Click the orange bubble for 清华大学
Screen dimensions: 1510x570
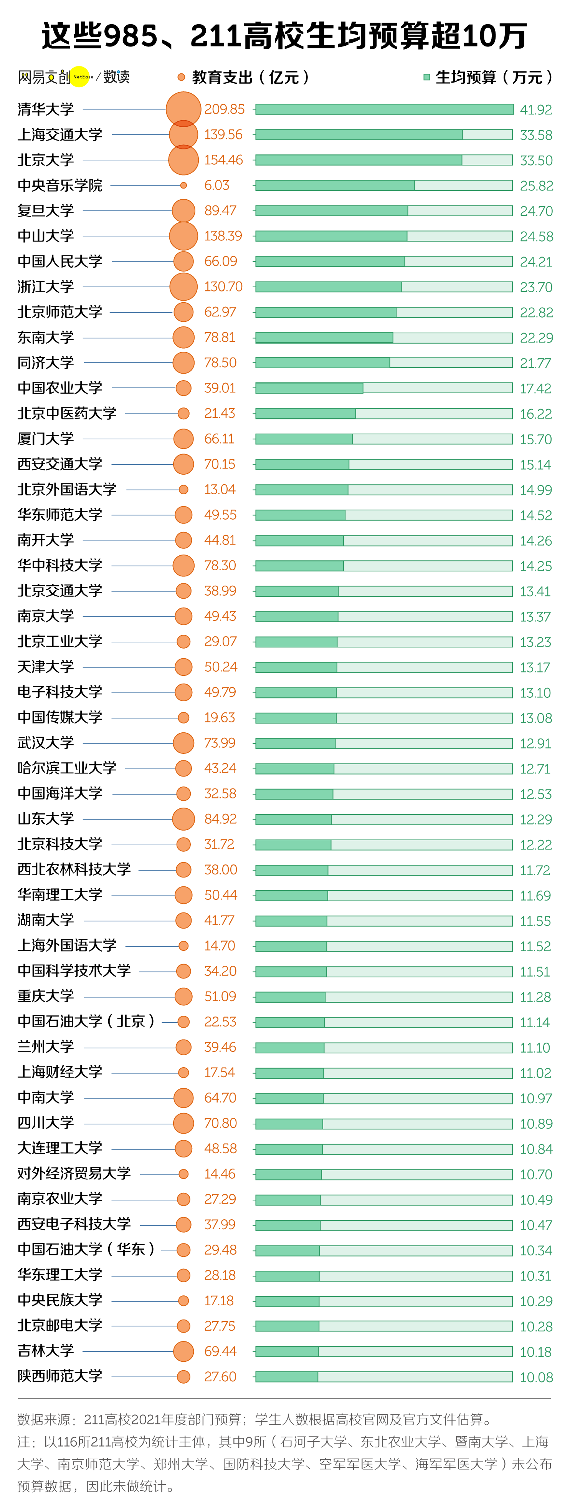183,109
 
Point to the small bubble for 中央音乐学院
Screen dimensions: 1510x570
183,185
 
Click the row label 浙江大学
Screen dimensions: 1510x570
46,286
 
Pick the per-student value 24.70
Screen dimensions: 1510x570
535,211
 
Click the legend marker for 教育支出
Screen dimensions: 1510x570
181,77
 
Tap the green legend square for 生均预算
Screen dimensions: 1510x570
426,77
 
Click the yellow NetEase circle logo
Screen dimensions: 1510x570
80,76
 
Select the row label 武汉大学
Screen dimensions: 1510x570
46,743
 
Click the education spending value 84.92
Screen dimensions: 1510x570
220,819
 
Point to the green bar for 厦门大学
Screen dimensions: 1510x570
304,439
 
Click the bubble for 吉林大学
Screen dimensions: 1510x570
183,1351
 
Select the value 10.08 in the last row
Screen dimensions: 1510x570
535,1377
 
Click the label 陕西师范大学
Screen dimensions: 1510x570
60,1376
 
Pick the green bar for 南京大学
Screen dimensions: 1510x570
296,616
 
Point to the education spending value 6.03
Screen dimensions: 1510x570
217,185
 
